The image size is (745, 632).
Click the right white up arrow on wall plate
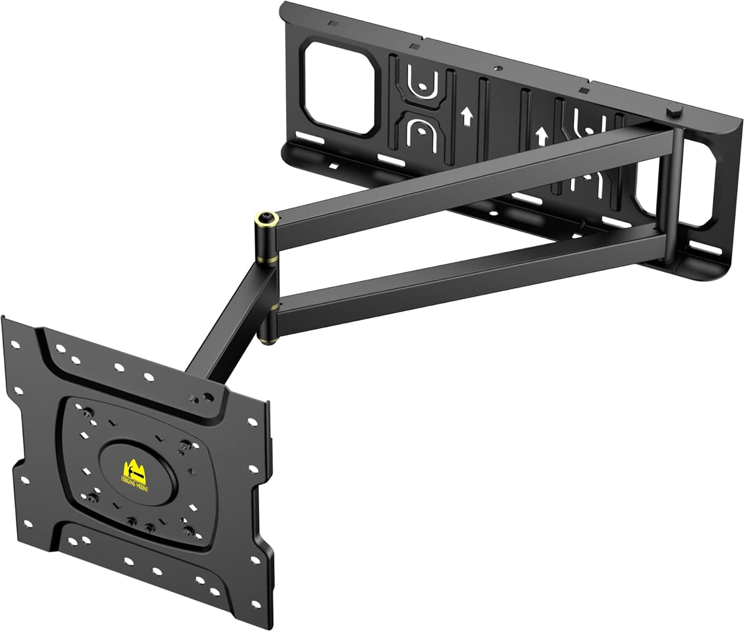(542, 135)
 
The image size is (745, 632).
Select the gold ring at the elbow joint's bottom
(268, 339)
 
